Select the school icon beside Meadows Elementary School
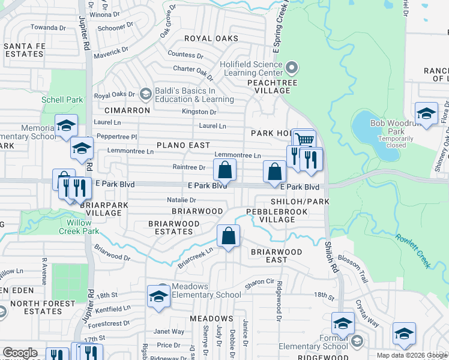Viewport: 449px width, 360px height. point(158,296)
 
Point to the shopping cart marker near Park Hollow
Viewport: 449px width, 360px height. point(304,140)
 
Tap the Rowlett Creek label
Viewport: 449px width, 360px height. point(414,250)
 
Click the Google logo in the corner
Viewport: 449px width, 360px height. point(19,353)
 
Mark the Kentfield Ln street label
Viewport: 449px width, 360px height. point(113,309)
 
